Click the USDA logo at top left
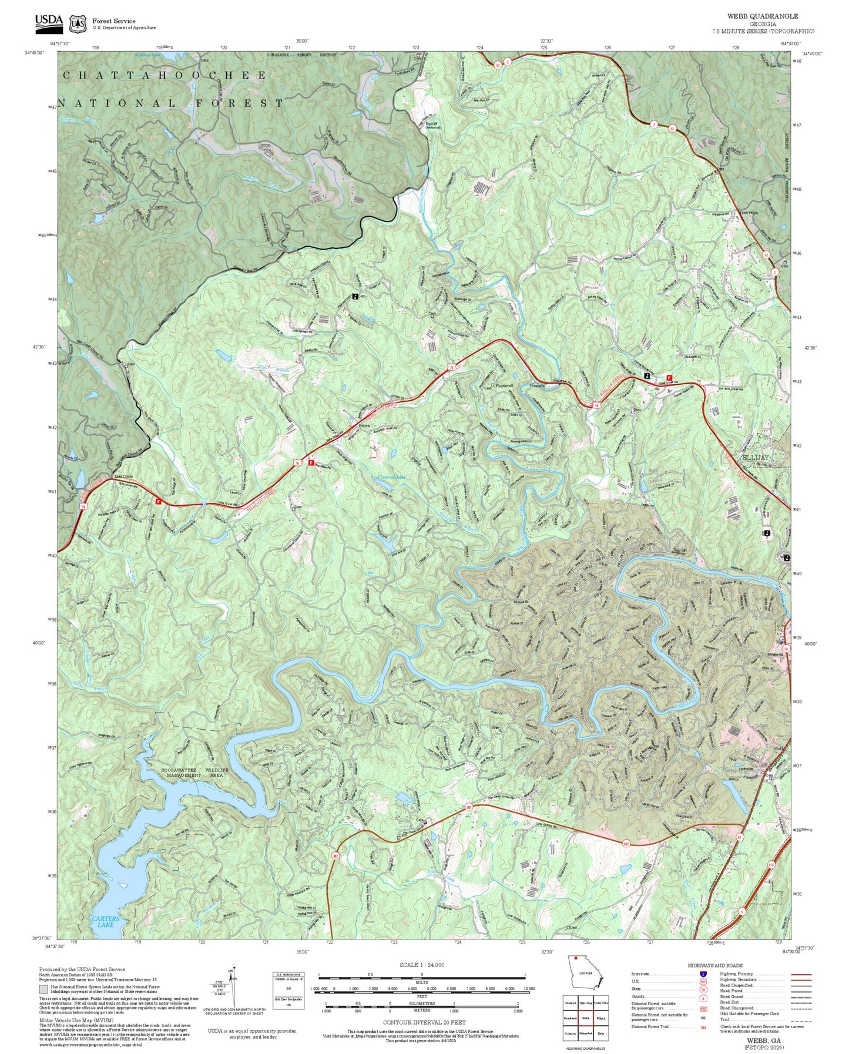point(48,22)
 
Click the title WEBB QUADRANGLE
point(762,16)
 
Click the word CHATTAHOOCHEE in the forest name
point(165,75)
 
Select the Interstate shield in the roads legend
point(703,974)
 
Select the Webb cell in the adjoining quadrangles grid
point(586,1018)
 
